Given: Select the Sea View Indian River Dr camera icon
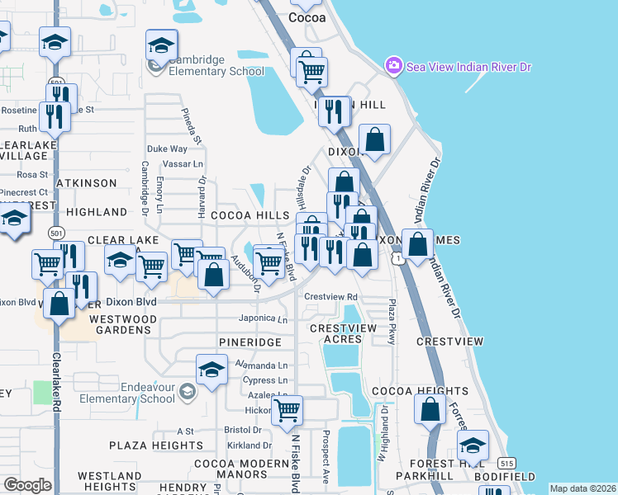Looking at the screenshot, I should tap(393, 65).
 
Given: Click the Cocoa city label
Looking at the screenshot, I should tap(310, 16).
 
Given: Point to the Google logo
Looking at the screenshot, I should tap(27, 484).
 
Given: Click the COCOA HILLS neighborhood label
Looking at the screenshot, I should tap(250, 214).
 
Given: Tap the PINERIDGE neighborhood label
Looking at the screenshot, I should tap(250, 342).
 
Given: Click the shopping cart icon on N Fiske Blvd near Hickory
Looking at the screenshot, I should tap(288, 409).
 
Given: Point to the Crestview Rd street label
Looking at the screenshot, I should tap(330, 297).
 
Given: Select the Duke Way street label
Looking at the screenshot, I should tap(167, 149).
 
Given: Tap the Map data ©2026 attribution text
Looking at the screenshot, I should tap(582, 488).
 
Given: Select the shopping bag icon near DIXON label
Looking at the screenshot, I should tap(375, 139).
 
